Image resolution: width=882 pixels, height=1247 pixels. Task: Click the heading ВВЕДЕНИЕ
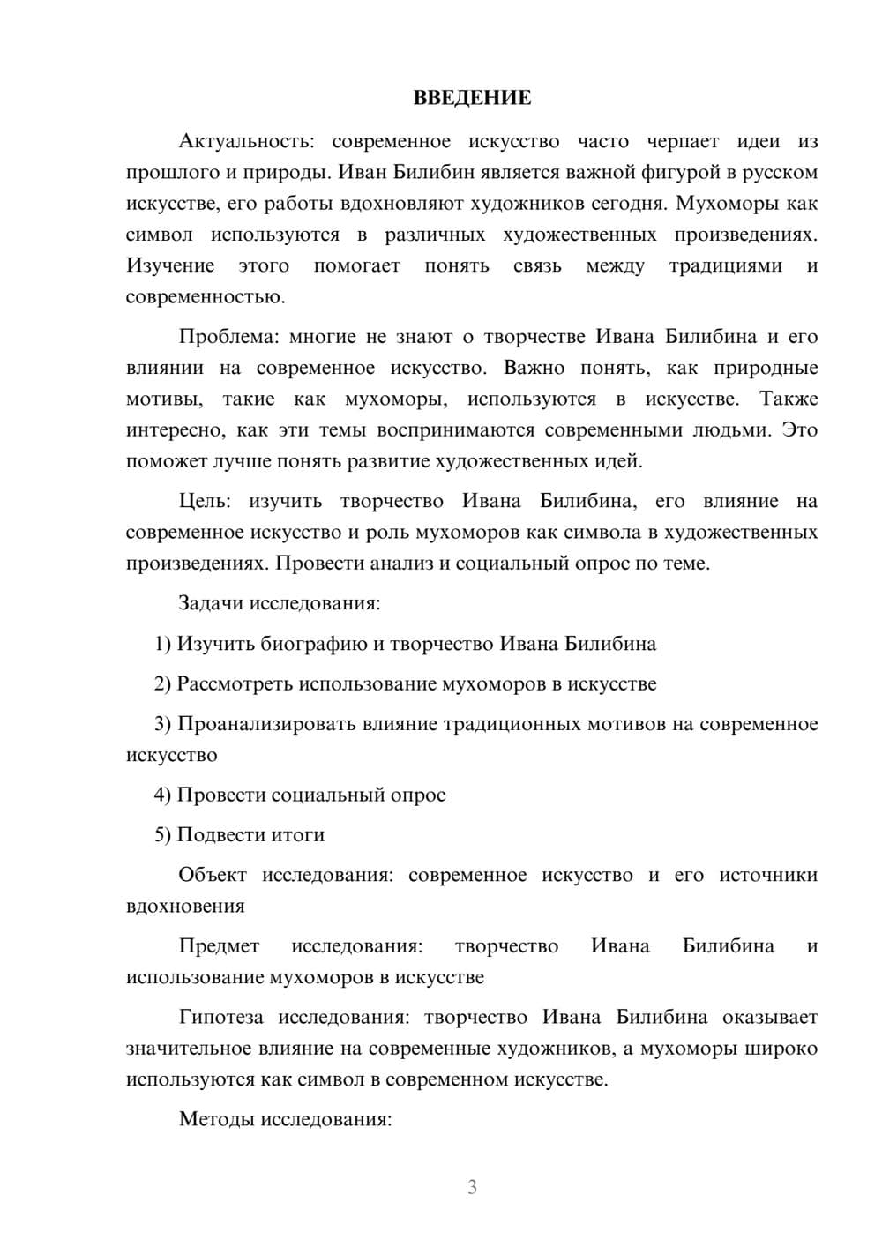coord(472,98)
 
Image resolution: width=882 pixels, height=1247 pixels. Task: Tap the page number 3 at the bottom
coord(472,1187)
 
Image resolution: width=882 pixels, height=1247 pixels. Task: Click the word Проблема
coord(228,336)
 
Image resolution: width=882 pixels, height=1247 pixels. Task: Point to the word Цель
coord(205,501)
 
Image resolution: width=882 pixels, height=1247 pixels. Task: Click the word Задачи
coord(212,604)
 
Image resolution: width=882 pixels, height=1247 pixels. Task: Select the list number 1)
coord(163,644)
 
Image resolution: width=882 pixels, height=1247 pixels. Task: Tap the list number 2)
coord(163,683)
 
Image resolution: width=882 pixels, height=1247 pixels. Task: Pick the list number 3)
coord(163,724)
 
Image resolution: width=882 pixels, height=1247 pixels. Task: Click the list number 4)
coord(163,795)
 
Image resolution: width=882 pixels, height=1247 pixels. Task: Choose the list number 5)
coord(163,834)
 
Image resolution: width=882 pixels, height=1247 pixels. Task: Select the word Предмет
coord(219,946)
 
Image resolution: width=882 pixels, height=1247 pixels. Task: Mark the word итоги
coord(299,834)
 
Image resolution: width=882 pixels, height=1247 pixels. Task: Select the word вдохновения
coord(185,906)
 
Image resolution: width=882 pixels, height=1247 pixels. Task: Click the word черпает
coord(683,141)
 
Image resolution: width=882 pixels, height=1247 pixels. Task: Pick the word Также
coord(789,399)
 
